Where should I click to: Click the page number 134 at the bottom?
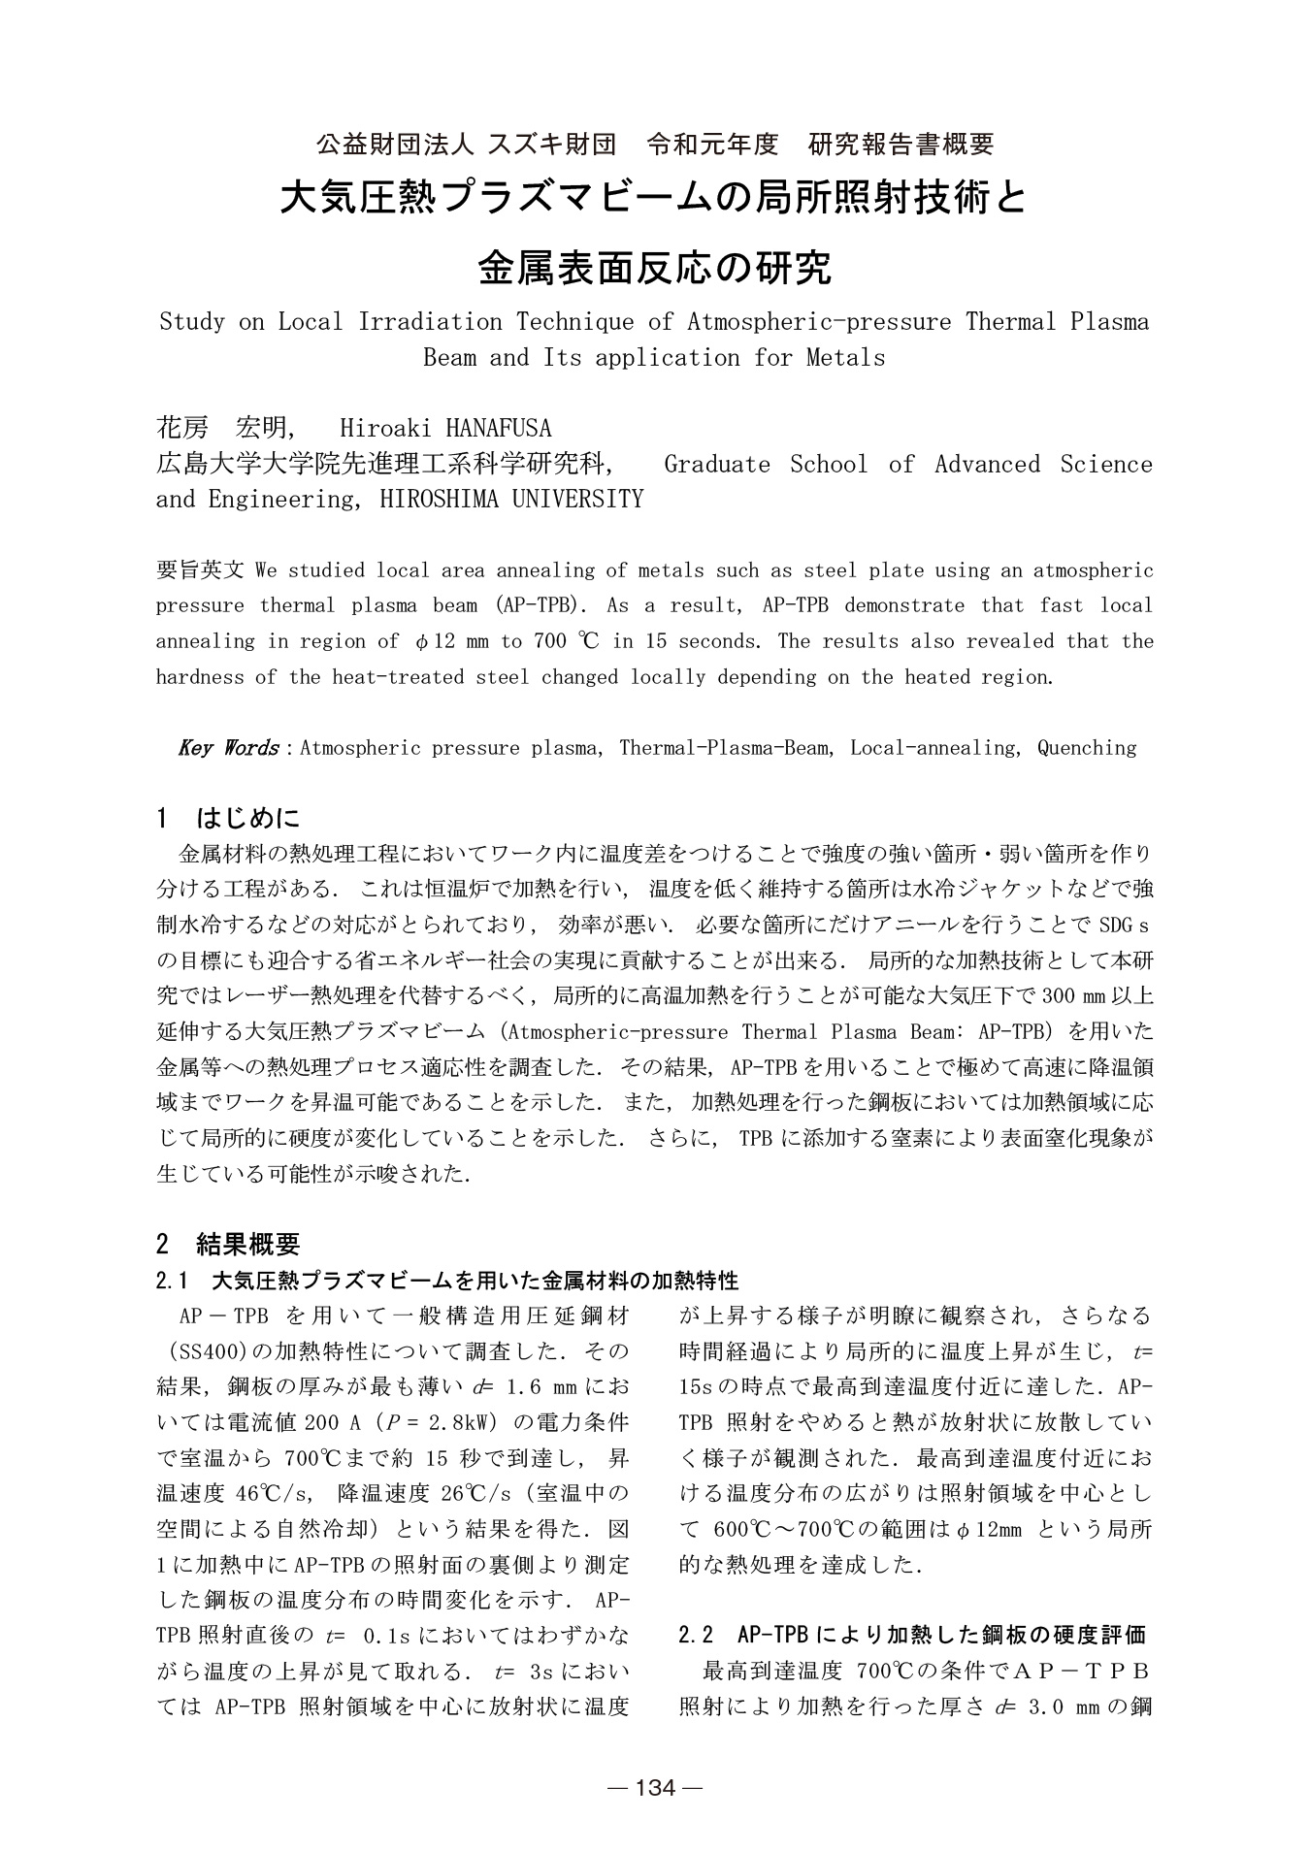click(x=654, y=1788)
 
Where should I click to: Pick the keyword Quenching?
click(x=1086, y=748)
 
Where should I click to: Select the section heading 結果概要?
click(x=248, y=1244)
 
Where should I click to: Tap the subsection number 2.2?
click(x=697, y=1636)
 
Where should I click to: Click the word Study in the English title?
click(x=191, y=322)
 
